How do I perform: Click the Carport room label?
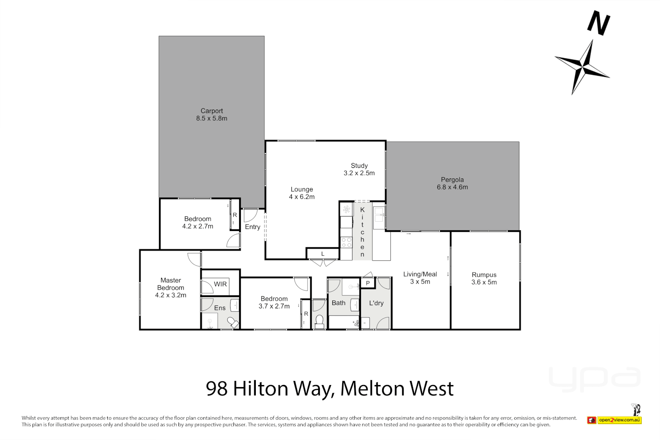pyautogui.click(x=211, y=111)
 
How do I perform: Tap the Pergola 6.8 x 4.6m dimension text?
pyautogui.click(x=452, y=187)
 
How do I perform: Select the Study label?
pyautogui.click(x=359, y=165)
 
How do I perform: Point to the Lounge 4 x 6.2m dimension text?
pyautogui.click(x=301, y=197)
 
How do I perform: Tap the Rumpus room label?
pyautogui.click(x=484, y=275)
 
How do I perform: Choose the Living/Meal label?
pyautogui.click(x=420, y=274)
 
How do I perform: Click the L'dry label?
pyautogui.click(x=376, y=303)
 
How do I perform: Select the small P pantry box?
pyautogui.click(x=367, y=283)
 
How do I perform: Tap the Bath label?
pyautogui.click(x=338, y=303)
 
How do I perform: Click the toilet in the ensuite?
pyautogui.click(x=233, y=323)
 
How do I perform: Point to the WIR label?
pyautogui.click(x=220, y=284)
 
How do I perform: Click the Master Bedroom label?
pyautogui.click(x=171, y=284)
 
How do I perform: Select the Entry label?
pyautogui.click(x=252, y=227)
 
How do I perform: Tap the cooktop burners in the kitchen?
pyautogui.click(x=346, y=242)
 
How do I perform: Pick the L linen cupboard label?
pyautogui.click(x=323, y=254)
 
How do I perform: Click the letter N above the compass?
pyautogui.click(x=598, y=23)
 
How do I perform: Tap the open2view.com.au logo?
pyautogui.click(x=619, y=420)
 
